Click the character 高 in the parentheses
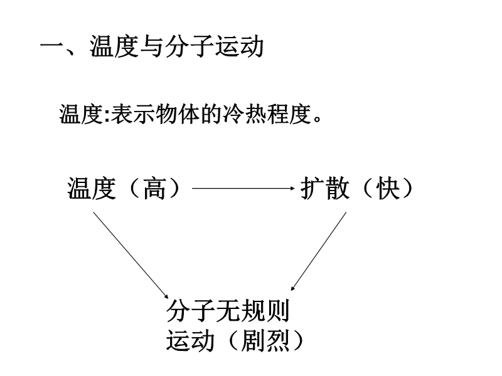[154, 188]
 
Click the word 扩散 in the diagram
[324, 188]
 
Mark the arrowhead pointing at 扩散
[290, 188]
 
